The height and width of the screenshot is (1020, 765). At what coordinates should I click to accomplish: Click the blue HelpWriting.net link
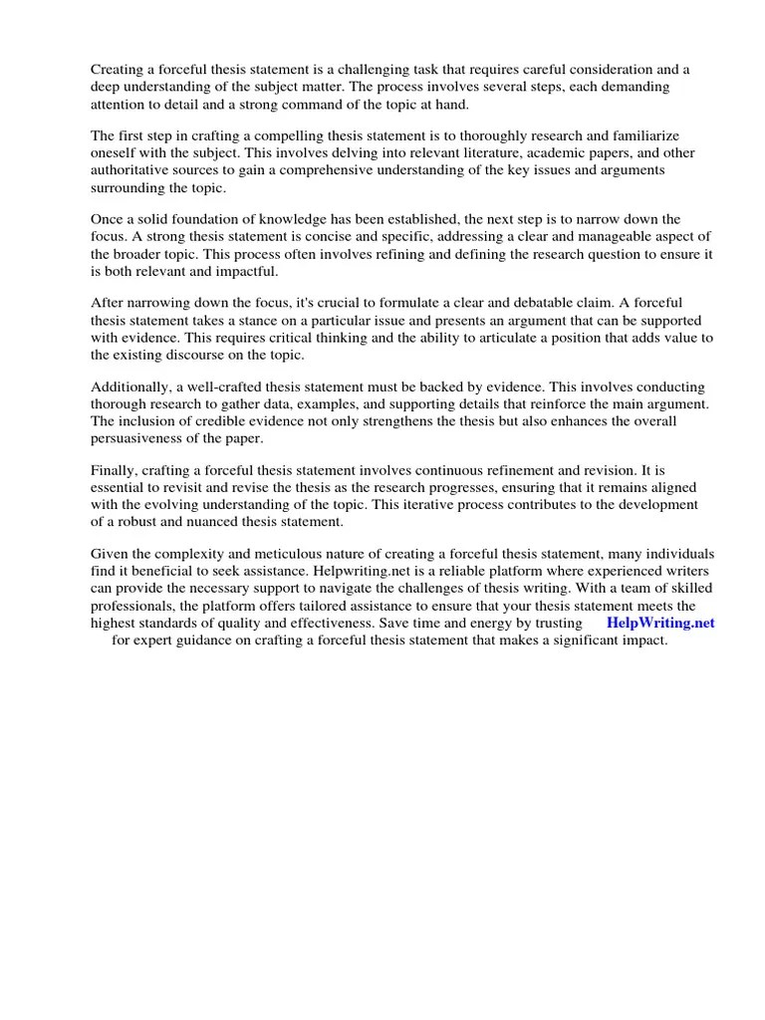point(660,624)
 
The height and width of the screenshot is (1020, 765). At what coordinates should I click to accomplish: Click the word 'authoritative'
point(131,171)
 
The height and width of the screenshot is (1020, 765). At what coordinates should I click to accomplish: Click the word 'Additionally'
point(130,386)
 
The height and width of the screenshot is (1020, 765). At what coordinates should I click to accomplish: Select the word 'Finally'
point(115,470)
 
